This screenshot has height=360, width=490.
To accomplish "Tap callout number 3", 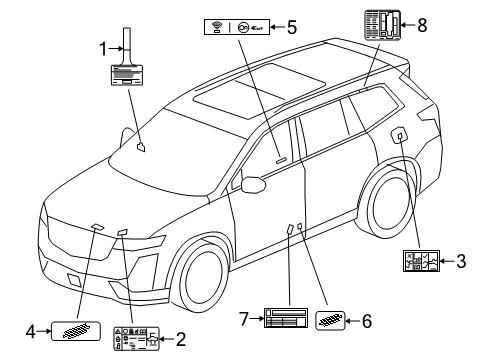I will tap(461, 262).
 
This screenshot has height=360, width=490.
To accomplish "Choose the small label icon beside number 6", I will tap(330, 320).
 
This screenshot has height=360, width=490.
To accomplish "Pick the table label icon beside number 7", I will tap(289, 320).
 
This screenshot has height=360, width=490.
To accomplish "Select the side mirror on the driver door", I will tap(252, 183).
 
